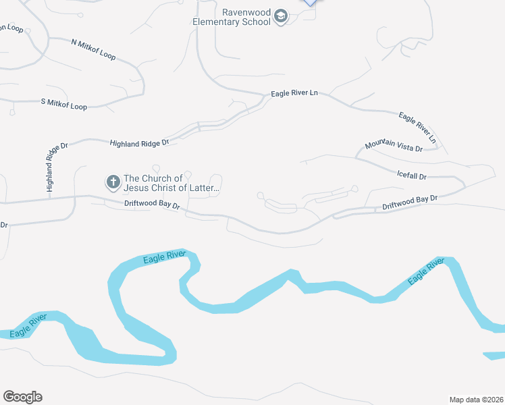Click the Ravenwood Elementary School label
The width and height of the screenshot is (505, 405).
246,16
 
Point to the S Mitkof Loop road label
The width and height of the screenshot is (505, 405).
64,106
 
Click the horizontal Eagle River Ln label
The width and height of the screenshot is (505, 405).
294,93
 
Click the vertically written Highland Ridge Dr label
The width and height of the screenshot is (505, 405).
49,167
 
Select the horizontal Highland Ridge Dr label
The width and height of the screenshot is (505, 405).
139,142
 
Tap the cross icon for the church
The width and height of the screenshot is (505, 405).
113,182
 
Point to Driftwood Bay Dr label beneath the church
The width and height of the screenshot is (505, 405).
152,204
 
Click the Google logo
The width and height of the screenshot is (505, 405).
22,397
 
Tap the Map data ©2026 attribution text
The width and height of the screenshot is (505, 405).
477,399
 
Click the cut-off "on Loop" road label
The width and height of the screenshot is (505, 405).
13,28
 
